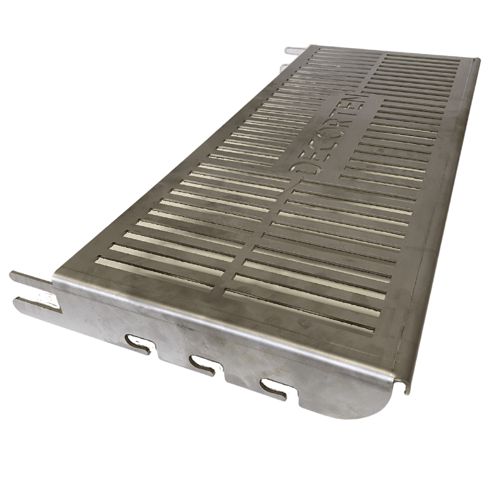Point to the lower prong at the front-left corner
tap(33, 303)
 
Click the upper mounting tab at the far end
tap(296, 50)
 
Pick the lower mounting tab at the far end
tap(284, 66)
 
